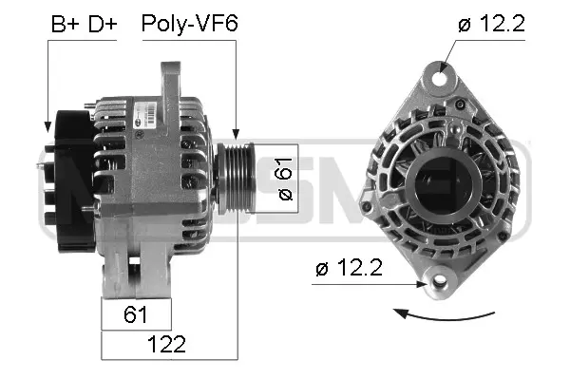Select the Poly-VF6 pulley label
189,23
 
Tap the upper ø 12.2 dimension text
490,25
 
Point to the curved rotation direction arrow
446,314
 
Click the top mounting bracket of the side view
172,81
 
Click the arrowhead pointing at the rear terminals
47,124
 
